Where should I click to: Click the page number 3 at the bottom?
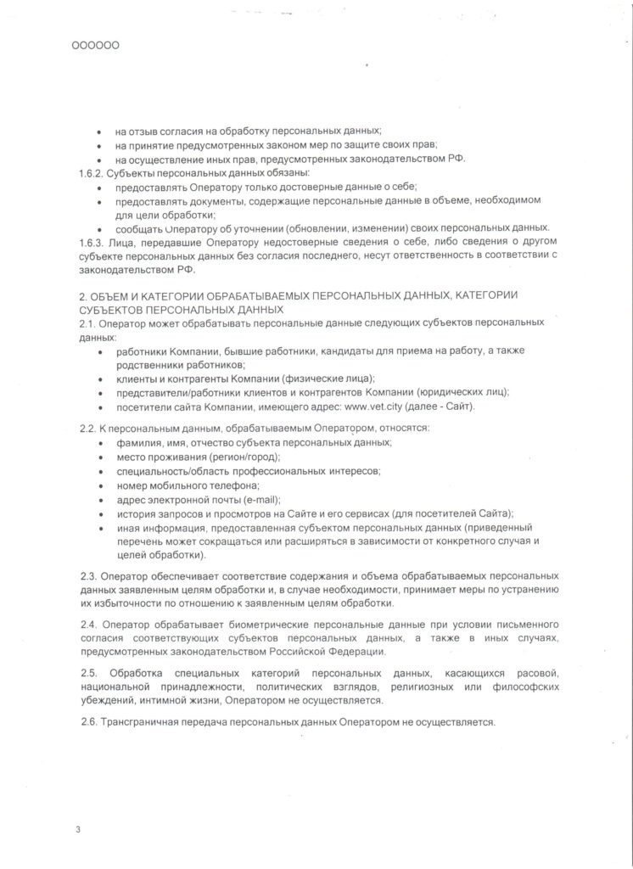point(77,827)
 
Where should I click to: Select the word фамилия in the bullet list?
point(139,443)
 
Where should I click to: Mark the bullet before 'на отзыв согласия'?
point(101,132)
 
